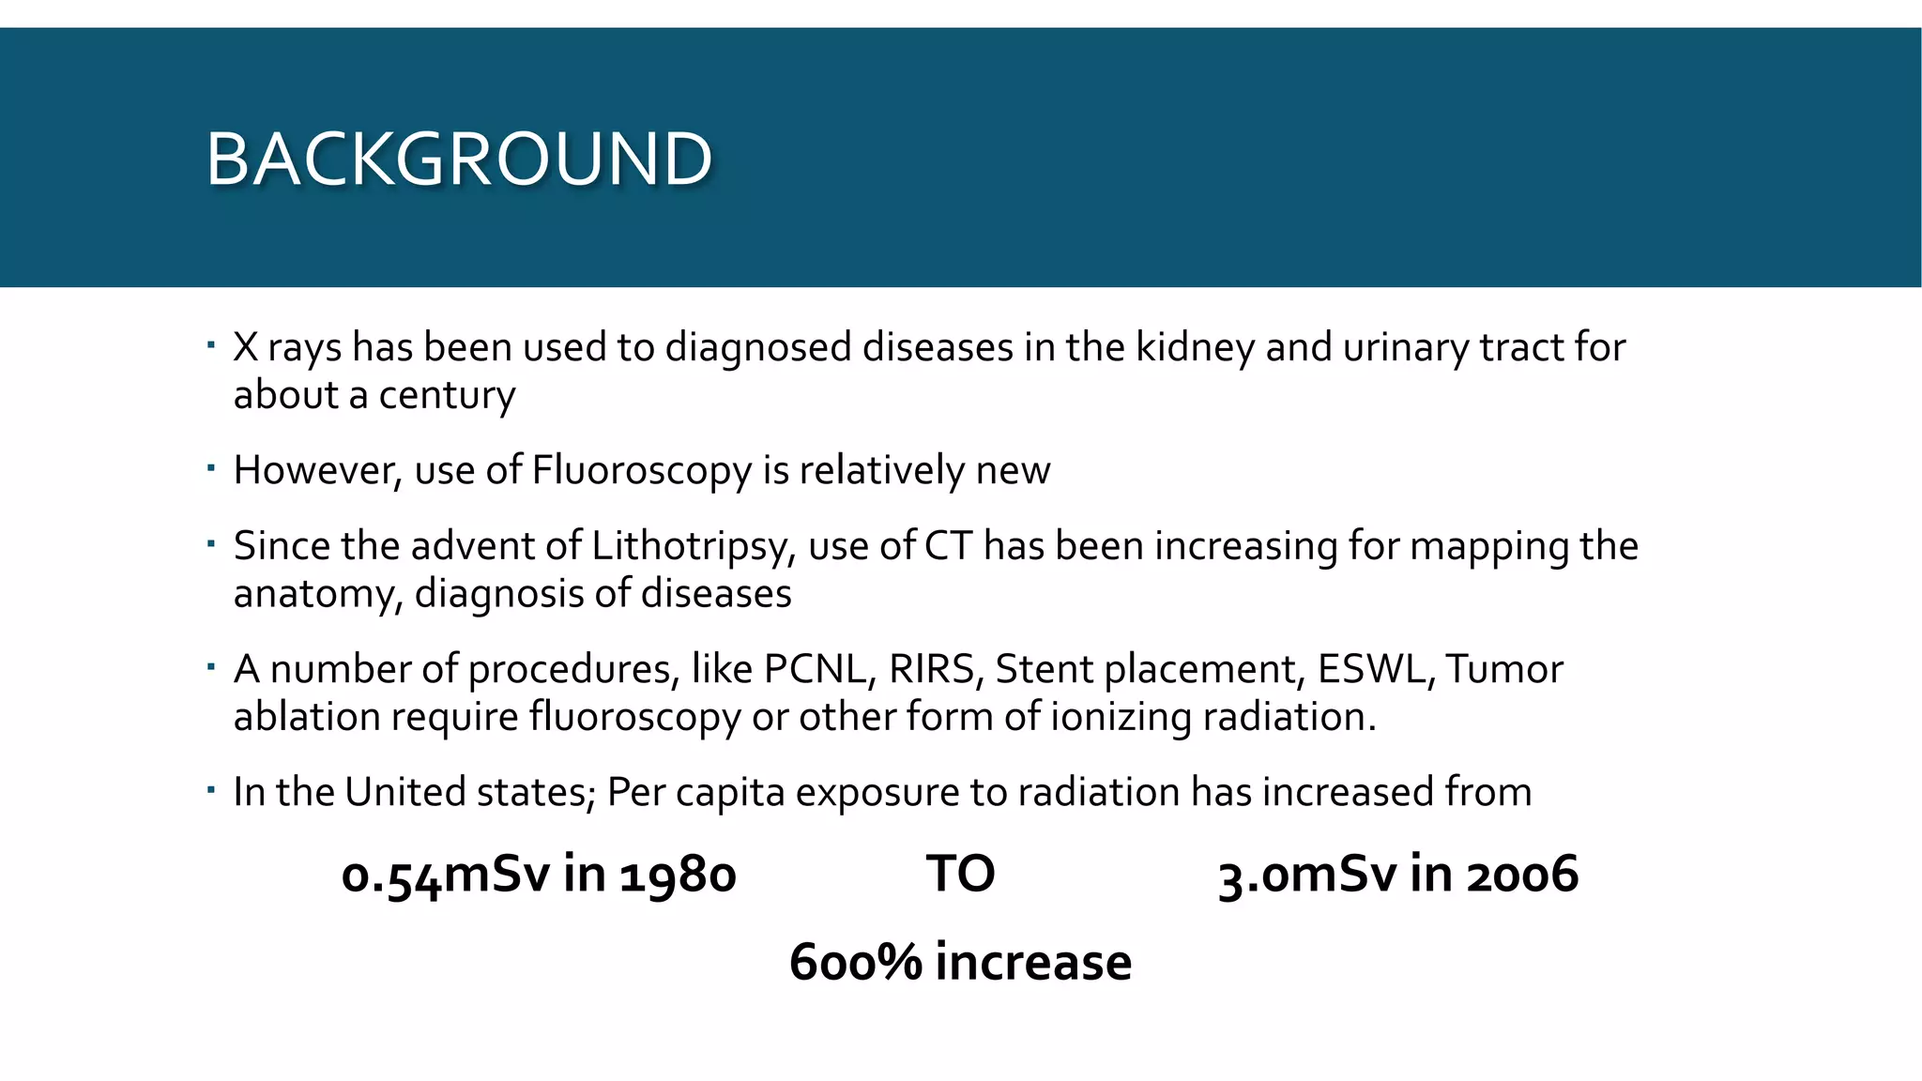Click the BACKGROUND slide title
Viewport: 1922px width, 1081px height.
click(459, 159)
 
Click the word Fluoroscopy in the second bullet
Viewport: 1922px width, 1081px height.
click(641, 470)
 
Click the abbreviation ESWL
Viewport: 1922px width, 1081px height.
click(1376, 669)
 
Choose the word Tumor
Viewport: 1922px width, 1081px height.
click(1504, 669)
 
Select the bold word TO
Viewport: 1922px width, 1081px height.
click(960, 874)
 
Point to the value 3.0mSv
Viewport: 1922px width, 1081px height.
click(1308, 875)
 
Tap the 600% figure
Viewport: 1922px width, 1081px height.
click(855, 962)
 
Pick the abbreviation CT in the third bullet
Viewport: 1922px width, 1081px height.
click(948, 546)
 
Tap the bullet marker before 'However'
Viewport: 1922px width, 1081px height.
click(211, 466)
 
